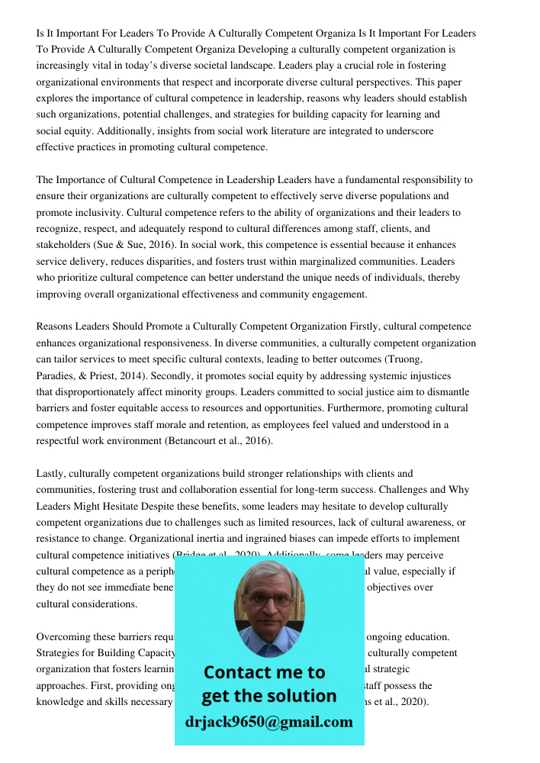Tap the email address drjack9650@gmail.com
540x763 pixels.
tap(269, 721)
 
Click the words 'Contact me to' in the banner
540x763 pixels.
tap(264, 672)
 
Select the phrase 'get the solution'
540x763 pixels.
tap(268, 696)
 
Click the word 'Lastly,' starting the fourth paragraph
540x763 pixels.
tap(50, 474)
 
